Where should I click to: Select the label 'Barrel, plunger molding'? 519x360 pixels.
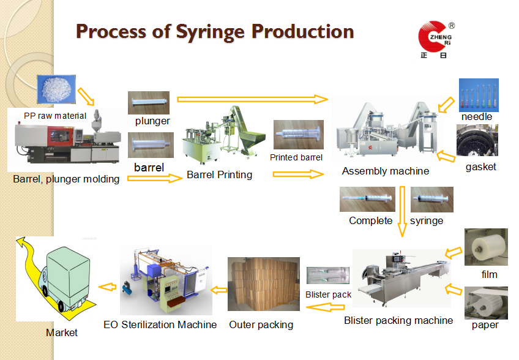[66, 179]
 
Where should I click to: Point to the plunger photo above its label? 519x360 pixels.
[149, 102]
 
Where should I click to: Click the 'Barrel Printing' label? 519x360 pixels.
[219, 174]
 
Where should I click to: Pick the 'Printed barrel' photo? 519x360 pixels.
[298, 135]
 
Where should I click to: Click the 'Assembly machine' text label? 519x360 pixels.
[386, 171]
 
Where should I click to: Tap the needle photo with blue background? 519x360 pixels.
[479, 94]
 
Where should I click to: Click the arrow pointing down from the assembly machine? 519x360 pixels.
[401, 212]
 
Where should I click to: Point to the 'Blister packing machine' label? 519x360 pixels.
[398, 320]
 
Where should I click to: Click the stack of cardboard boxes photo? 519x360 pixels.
[263, 283]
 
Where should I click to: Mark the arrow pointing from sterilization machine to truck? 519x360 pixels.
[108, 286]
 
